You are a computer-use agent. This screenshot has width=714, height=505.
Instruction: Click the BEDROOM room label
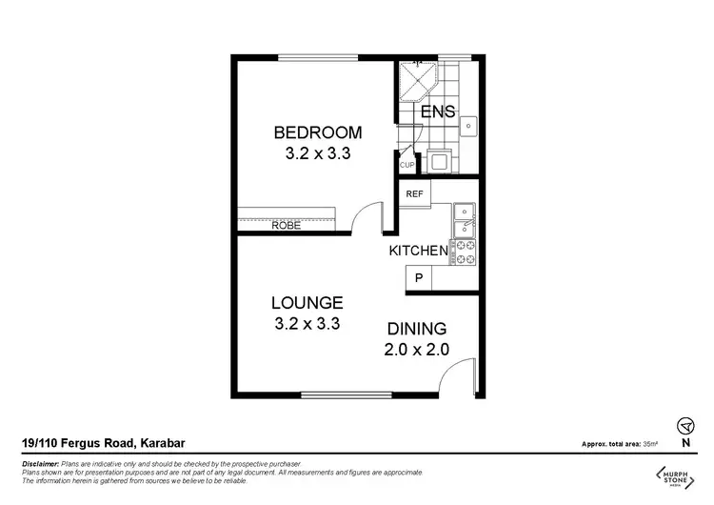click(318, 131)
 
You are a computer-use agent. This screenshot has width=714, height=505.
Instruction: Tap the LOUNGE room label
click(307, 302)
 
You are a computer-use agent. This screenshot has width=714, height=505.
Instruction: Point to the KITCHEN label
click(418, 252)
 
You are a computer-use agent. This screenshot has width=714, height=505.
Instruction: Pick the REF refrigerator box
click(414, 194)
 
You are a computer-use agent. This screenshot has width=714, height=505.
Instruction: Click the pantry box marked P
click(417, 278)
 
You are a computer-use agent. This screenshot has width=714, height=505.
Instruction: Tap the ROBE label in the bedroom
click(287, 226)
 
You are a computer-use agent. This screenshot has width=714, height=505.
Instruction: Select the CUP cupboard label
click(407, 165)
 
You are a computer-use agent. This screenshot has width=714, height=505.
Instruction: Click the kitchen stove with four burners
click(466, 252)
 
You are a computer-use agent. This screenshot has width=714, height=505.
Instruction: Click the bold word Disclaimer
click(39, 461)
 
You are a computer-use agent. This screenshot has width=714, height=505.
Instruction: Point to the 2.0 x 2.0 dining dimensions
click(416, 349)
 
